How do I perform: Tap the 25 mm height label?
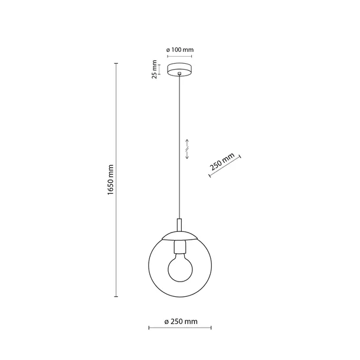[155, 68]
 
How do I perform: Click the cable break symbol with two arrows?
[186, 149]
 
